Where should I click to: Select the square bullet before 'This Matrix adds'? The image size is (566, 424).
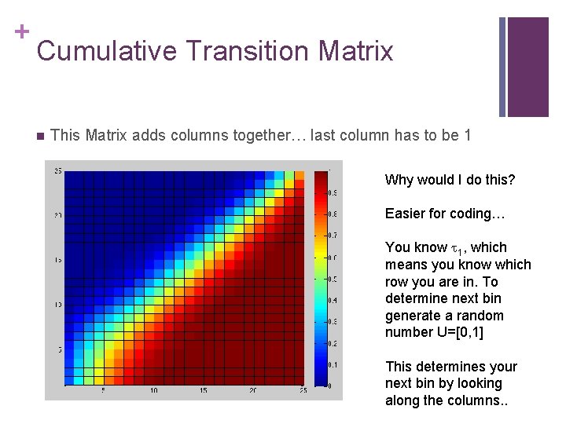tap(40, 135)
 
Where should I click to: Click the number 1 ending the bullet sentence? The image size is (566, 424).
tap(468, 135)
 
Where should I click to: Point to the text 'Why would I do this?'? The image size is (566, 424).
tap(450, 180)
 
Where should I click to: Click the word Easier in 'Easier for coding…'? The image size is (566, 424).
tap(406, 214)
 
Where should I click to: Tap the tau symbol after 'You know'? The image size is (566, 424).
tap(454, 248)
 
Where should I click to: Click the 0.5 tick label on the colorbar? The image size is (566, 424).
tap(333, 279)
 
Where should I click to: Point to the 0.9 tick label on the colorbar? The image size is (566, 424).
tap(333, 192)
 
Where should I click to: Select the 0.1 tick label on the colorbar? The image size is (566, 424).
tap(333, 364)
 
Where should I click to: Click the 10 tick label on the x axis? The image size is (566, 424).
tap(154, 390)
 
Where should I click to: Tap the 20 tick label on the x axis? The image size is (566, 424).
tap(253, 390)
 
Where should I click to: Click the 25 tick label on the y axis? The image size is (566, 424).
tap(58, 170)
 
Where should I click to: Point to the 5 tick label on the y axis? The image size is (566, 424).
tap(60, 349)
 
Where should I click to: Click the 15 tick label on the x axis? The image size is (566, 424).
tap(204, 390)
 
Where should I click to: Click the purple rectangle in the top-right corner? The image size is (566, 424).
tap(527, 67)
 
